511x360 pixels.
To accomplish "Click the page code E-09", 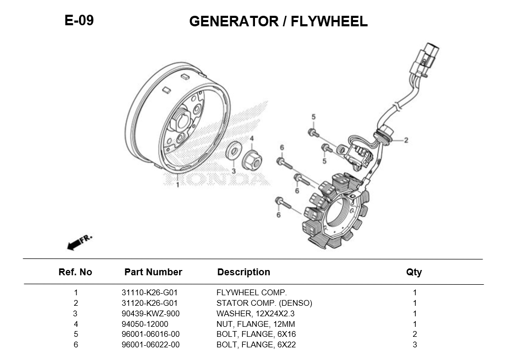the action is [79, 21].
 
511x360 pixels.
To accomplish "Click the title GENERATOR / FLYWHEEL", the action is [278, 22].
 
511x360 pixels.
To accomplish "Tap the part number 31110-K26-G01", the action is [149, 293].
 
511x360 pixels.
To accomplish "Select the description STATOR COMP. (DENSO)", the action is [264, 303].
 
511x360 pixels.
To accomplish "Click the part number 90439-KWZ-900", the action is [150, 314].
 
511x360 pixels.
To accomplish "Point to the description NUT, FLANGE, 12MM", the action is [255, 324].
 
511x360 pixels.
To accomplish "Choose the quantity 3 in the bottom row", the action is [415, 345].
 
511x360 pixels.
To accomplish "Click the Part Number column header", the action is [153, 272].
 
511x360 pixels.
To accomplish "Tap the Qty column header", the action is [414, 272].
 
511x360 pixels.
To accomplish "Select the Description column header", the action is [243, 272].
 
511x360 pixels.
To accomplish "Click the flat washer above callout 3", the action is [232, 151].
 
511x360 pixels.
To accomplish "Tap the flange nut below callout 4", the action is [251, 159].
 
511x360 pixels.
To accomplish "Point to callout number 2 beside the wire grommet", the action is [406, 140].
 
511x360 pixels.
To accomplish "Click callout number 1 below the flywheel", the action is [178, 185].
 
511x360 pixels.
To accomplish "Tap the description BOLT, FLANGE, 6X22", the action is [256, 345].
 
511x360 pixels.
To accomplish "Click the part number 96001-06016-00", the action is [150, 334].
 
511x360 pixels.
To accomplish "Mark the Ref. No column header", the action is [75, 272].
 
